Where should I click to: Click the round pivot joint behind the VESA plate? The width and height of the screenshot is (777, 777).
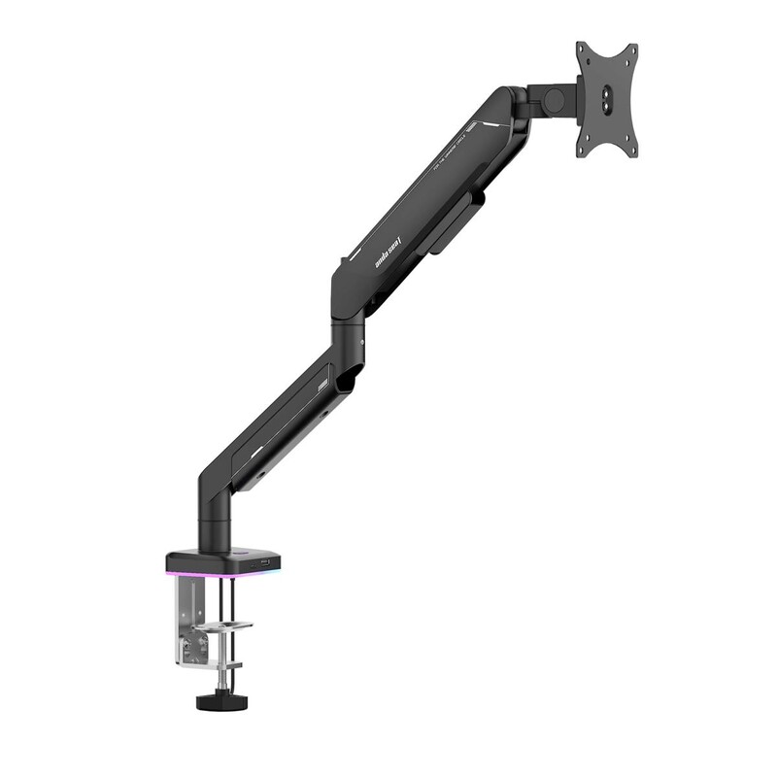click(x=554, y=98)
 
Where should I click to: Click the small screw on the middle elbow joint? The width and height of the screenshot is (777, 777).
click(x=360, y=342)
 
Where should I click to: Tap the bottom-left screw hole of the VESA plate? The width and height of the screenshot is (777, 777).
click(x=585, y=146)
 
